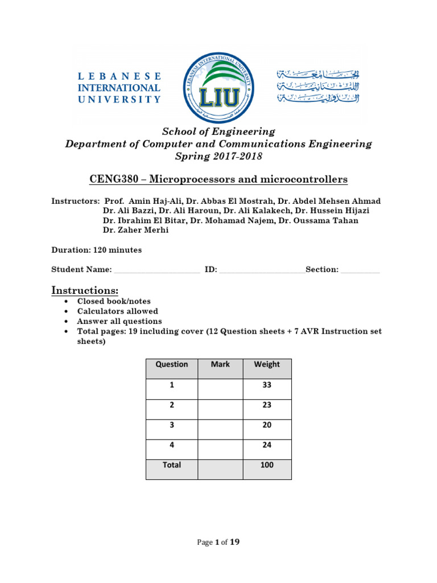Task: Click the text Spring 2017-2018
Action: tap(218, 157)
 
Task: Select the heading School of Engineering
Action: tap(218, 132)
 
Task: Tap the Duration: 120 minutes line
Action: tap(97, 250)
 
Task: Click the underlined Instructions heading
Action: tap(85, 291)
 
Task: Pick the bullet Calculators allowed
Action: tap(118, 311)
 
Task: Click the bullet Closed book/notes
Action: tap(114, 302)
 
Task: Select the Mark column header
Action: tap(220, 364)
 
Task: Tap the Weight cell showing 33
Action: tap(267, 385)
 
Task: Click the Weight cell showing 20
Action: tap(267, 425)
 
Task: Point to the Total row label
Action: tap(172, 465)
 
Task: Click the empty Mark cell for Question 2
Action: tap(220, 405)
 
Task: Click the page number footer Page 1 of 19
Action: tap(218, 543)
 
